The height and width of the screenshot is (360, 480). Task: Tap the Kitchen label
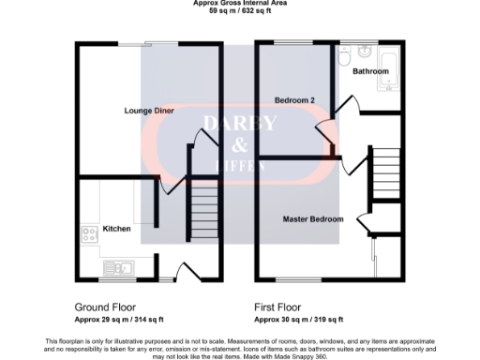[116, 229]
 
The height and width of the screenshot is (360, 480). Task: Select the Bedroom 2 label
[293, 100]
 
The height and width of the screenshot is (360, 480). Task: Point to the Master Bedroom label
[313, 219]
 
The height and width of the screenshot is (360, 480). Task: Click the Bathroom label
[370, 71]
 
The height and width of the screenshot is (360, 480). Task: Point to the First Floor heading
[280, 307]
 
